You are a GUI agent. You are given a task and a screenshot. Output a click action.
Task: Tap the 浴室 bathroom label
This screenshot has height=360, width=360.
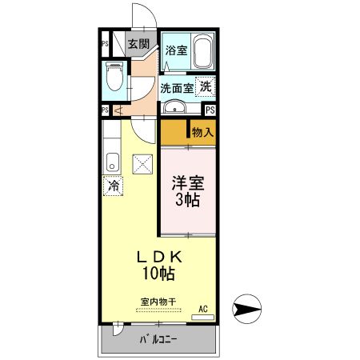176,50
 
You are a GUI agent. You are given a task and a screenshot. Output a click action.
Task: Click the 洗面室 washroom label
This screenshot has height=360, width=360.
176,88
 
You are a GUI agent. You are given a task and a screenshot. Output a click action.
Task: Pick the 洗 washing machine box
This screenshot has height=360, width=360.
206,86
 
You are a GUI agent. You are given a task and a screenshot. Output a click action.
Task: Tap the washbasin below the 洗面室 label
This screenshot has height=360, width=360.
174,107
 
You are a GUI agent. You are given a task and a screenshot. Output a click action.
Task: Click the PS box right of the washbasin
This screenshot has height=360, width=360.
210,110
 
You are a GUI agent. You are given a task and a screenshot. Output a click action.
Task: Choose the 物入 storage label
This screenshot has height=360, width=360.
202,131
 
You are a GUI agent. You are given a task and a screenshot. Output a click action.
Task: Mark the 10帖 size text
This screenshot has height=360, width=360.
161,274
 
